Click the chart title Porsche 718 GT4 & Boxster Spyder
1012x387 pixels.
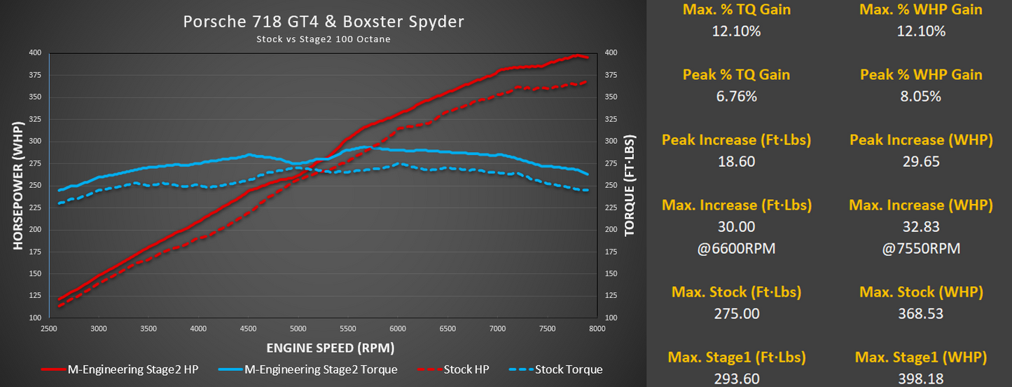[x=323, y=22]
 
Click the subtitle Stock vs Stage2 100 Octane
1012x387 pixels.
[x=323, y=39]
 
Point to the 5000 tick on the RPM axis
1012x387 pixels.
[x=298, y=328]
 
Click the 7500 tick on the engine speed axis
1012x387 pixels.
[x=547, y=328]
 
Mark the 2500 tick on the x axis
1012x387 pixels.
[x=49, y=328]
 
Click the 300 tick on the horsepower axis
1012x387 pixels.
[x=36, y=141]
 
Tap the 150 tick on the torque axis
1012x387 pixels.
[x=610, y=273]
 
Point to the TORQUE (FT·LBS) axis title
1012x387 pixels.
[x=630, y=184]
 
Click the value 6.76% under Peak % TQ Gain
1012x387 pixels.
[x=736, y=97]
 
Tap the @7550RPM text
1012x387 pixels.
[x=921, y=249]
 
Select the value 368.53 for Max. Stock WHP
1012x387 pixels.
[x=921, y=313]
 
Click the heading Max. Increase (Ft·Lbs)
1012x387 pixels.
[x=736, y=205]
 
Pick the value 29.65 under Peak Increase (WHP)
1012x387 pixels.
[x=921, y=161]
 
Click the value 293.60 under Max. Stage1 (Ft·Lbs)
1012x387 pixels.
[x=736, y=379]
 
